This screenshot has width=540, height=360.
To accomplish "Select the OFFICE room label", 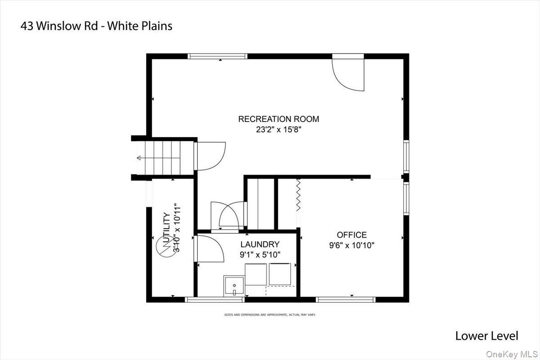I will (x=351, y=235).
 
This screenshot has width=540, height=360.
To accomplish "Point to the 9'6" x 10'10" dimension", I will (x=351, y=245).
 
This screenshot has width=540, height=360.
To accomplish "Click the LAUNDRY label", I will (x=260, y=244).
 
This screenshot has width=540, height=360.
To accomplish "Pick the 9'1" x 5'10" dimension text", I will (x=260, y=255).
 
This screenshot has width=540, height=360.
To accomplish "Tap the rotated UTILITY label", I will (x=166, y=227).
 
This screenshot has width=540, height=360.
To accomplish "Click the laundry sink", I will (x=234, y=286).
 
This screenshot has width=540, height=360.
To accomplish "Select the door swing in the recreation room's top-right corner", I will (x=348, y=75).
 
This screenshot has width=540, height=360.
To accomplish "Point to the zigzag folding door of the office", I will (x=298, y=195).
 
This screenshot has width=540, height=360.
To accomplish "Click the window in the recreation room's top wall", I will (x=217, y=56).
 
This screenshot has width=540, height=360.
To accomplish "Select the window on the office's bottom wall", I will (x=346, y=299).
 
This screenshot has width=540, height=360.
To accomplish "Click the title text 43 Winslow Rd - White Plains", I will (x=96, y=26).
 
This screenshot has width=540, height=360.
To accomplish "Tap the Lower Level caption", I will (x=486, y=336).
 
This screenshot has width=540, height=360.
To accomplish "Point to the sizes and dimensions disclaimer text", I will (x=270, y=315).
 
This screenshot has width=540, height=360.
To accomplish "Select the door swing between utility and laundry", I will (x=209, y=248).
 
